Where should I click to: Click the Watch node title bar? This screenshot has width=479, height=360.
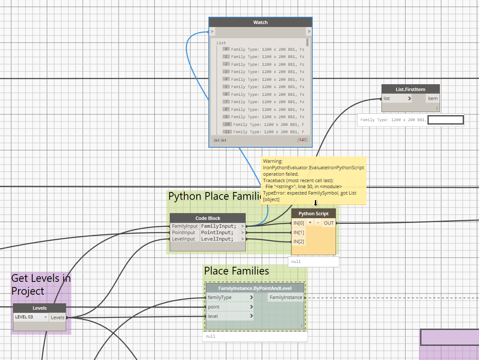(260, 22)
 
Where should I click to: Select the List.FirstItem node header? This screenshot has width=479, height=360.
(410, 89)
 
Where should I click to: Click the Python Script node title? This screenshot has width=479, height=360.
(313, 214)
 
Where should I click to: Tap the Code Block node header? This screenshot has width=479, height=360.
(207, 218)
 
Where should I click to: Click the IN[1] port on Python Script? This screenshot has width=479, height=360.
(299, 232)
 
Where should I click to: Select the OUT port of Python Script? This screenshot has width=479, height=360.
(329, 223)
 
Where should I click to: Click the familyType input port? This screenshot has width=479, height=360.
(220, 297)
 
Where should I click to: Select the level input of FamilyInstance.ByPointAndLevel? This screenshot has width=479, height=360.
(213, 316)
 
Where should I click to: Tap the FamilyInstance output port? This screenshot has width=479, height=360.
(286, 297)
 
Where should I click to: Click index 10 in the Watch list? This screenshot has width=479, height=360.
(227, 124)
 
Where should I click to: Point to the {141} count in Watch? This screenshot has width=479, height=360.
(302, 140)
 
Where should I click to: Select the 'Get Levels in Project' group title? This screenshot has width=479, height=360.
(40, 284)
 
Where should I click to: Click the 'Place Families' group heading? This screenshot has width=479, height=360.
(236, 271)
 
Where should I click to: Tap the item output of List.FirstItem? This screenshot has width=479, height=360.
(432, 98)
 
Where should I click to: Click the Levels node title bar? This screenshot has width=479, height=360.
(40, 308)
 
